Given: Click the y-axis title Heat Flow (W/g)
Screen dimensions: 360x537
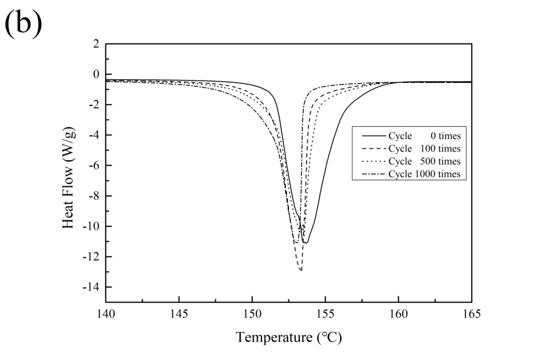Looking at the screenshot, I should click(x=71, y=173).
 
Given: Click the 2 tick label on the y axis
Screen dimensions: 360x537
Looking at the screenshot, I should click(x=95, y=44).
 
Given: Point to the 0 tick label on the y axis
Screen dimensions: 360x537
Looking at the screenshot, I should click(x=95, y=74).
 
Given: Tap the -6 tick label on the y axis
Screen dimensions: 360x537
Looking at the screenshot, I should click(x=93, y=166).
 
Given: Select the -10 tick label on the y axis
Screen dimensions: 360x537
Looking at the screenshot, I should click(x=90, y=227).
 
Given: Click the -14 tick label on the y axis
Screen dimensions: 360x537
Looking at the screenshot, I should click(x=90, y=287).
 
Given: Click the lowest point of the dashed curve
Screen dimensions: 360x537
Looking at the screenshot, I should click(x=301, y=270).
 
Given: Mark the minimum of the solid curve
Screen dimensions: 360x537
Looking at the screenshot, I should click(x=305, y=243).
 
